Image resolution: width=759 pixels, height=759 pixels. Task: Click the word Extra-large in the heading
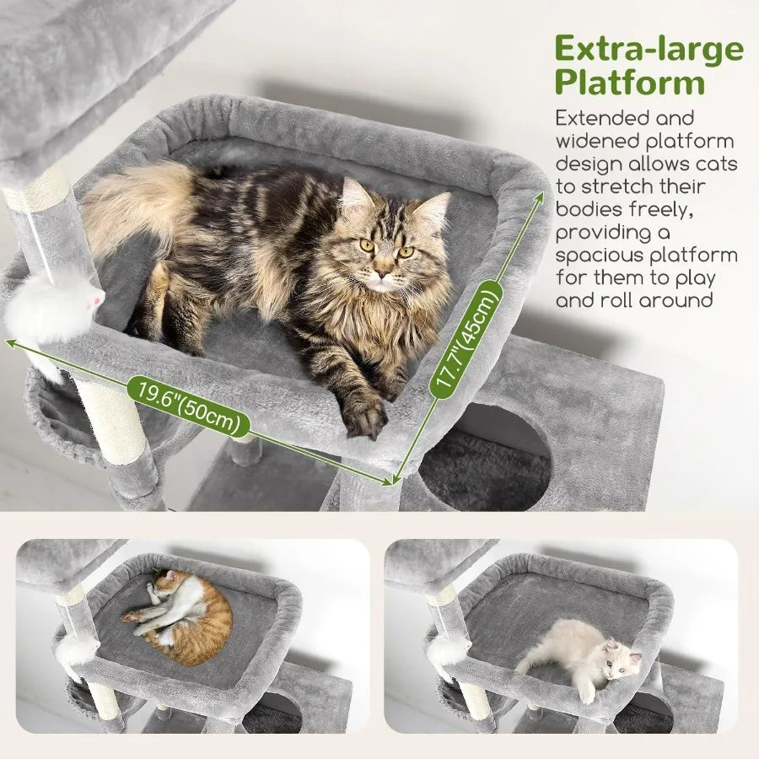tap(649, 51)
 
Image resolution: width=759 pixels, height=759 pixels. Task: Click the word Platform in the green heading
tap(629, 83)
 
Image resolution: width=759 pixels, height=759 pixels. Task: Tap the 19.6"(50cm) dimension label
tap(188, 406)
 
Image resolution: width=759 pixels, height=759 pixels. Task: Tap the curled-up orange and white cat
tap(186, 616)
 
